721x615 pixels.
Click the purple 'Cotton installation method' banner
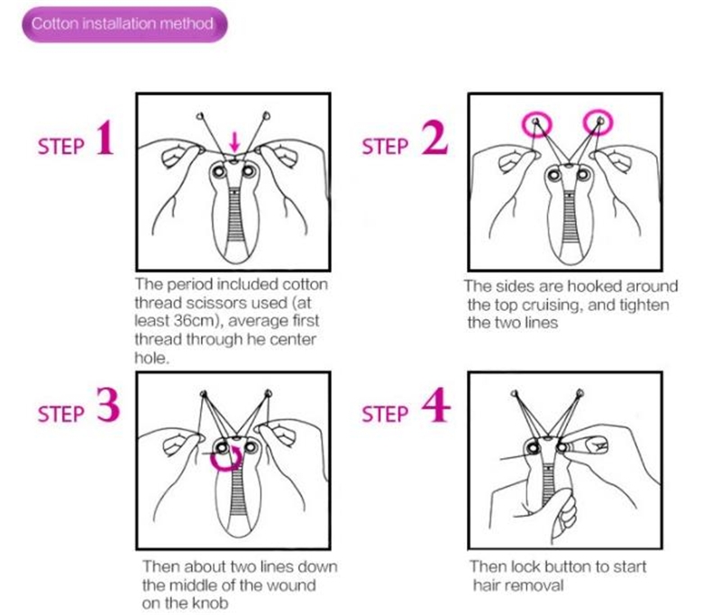(x=124, y=24)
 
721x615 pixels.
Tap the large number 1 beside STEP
(x=105, y=138)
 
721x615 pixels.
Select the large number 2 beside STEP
(x=434, y=138)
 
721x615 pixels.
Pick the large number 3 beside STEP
(x=108, y=404)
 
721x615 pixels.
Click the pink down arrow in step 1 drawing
(x=235, y=142)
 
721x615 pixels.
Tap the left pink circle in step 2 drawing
(x=536, y=124)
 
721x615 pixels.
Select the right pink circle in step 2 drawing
(x=598, y=123)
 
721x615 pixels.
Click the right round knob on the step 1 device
(x=249, y=171)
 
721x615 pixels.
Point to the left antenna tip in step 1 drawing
(x=199, y=116)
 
